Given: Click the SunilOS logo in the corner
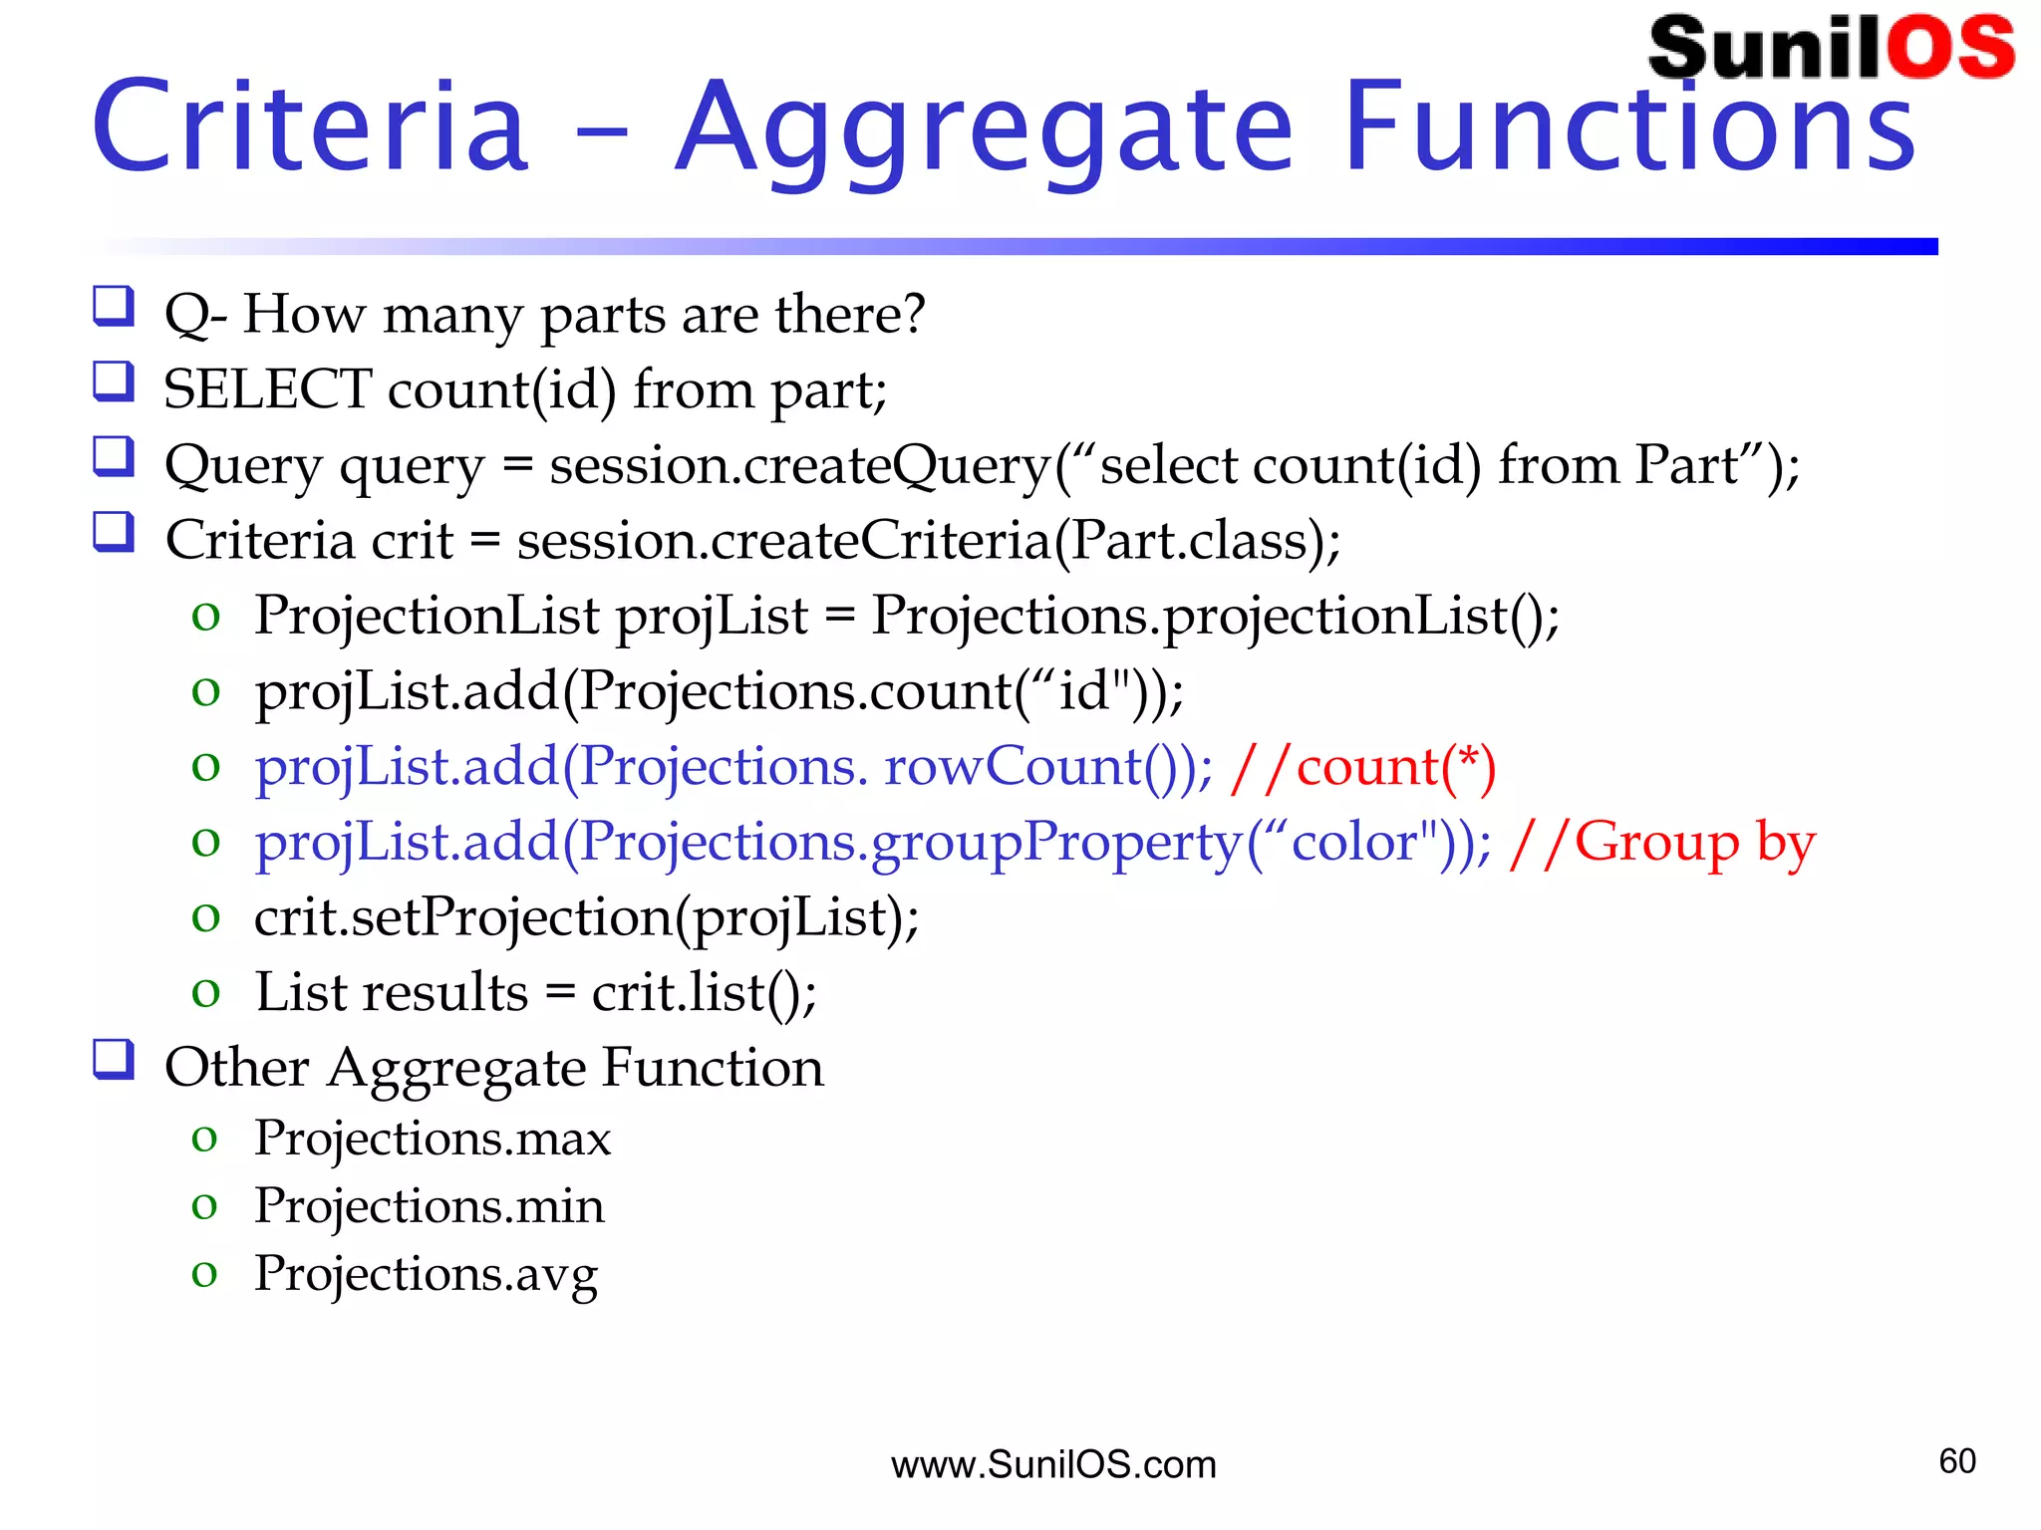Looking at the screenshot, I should pyautogui.click(x=1831, y=48).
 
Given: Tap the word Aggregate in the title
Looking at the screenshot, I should pyautogui.click(x=984, y=130).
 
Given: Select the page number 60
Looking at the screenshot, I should pyautogui.click(x=1957, y=1461).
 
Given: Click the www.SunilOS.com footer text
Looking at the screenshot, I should pyautogui.click(x=1053, y=1465).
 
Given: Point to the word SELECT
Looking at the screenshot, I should pyautogui.click(x=267, y=388).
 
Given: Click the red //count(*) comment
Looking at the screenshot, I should pyautogui.click(x=1363, y=767).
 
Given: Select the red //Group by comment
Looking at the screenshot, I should pyautogui.click(x=1662, y=843).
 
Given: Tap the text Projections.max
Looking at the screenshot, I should pyautogui.click(x=433, y=1138).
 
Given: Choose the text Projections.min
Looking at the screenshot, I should pyautogui.click(x=430, y=1205).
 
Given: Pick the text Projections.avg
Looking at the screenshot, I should pyautogui.click(x=426, y=1274).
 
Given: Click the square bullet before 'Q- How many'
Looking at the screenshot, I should pyautogui.click(x=114, y=306).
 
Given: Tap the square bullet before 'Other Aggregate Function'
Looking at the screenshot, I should pyautogui.click(x=114, y=1059).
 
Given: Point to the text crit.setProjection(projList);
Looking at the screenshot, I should pyautogui.click(x=586, y=917).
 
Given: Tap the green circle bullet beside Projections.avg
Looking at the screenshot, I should pyautogui.click(x=204, y=1273).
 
